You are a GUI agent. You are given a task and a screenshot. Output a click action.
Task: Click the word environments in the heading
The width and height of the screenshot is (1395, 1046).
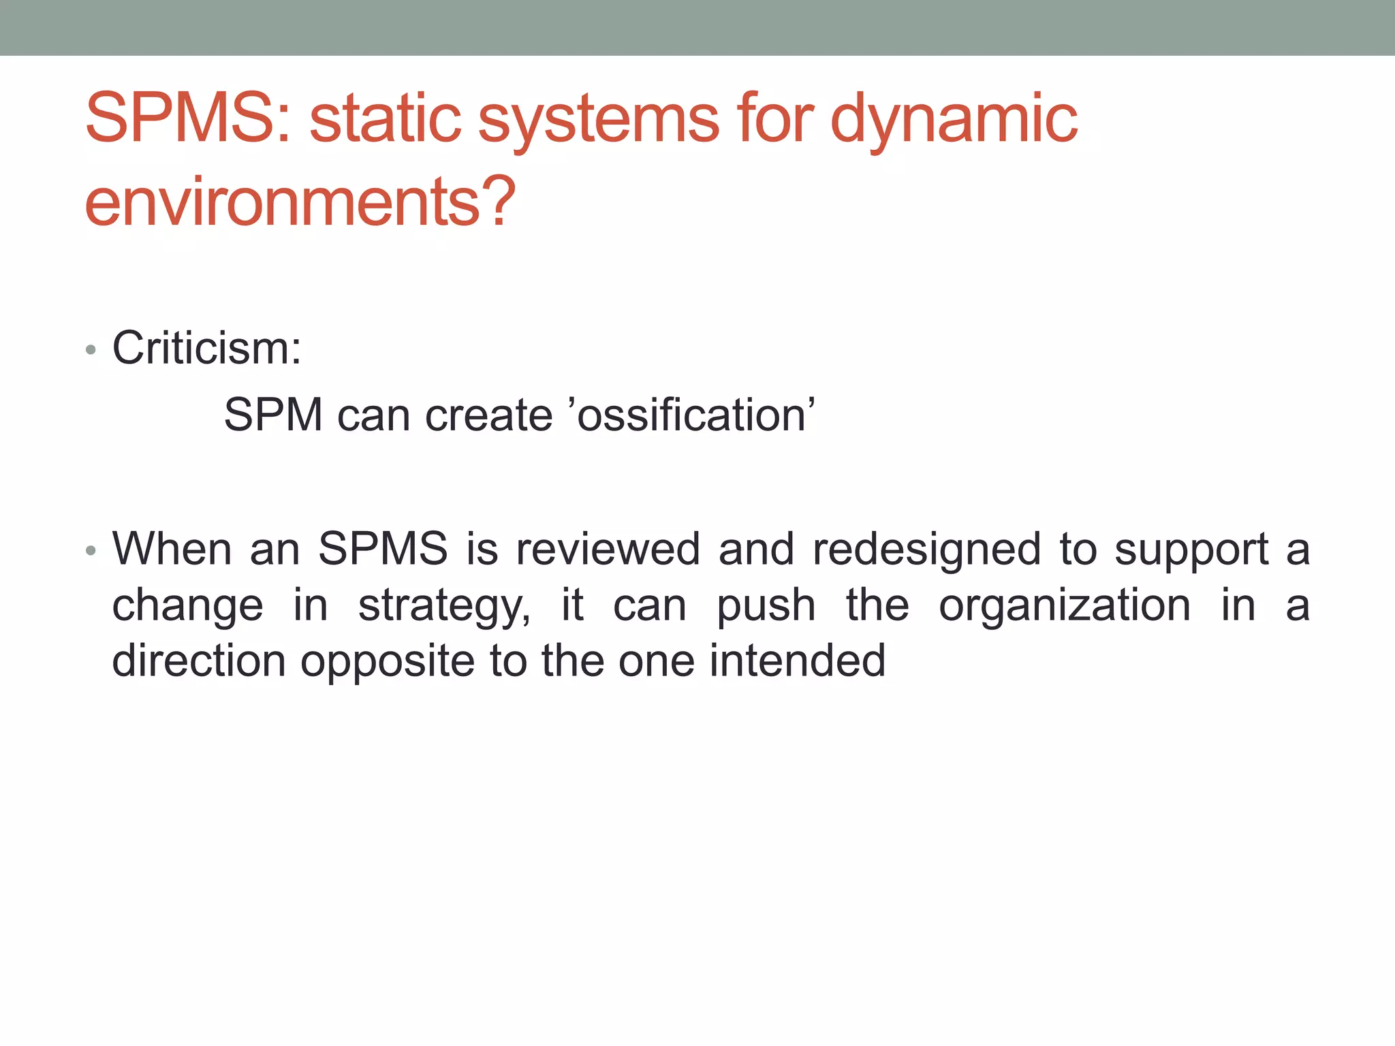tap(283, 202)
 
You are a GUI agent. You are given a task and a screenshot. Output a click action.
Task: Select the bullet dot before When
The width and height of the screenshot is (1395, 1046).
tap(91, 550)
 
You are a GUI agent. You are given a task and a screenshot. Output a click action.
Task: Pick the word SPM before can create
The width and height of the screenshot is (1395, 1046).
tap(273, 415)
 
